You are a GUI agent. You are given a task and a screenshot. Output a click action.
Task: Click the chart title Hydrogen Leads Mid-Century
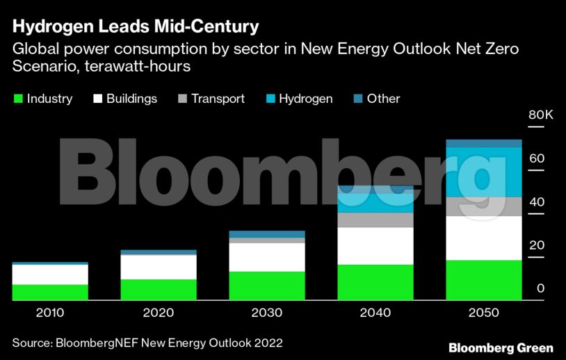click(136, 27)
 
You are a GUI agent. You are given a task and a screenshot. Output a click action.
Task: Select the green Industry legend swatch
click(18, 99)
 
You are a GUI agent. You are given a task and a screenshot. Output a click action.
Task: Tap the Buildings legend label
click(131, 99)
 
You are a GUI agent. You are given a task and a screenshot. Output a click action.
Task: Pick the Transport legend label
click(218, 99)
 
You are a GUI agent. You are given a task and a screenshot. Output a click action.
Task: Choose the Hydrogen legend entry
click(305, 99)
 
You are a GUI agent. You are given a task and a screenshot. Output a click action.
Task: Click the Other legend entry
click(383, 99)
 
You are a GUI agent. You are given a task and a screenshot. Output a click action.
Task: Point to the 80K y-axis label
click(540, 115)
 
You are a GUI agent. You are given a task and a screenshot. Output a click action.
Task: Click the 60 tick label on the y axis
click(536, 158)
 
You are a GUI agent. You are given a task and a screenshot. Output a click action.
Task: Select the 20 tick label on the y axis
click(536, 245)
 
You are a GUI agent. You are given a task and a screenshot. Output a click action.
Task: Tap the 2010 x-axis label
click(50, 313)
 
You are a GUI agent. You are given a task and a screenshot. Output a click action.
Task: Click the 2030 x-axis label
click(267, 313)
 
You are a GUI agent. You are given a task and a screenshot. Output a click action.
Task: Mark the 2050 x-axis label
click(484, 313)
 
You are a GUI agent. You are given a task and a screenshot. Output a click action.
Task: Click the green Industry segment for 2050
click(484, 280)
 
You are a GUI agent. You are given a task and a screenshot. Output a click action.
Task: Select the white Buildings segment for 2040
click(375, 245)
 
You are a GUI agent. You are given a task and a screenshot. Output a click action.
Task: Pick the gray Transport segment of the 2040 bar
click(375, 220)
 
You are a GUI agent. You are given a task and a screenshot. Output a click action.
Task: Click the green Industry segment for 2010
click(50, 292)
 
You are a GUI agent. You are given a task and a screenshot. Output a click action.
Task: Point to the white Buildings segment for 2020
click(159, 267)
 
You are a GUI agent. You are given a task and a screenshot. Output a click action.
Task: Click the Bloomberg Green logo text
click(501, 347)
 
